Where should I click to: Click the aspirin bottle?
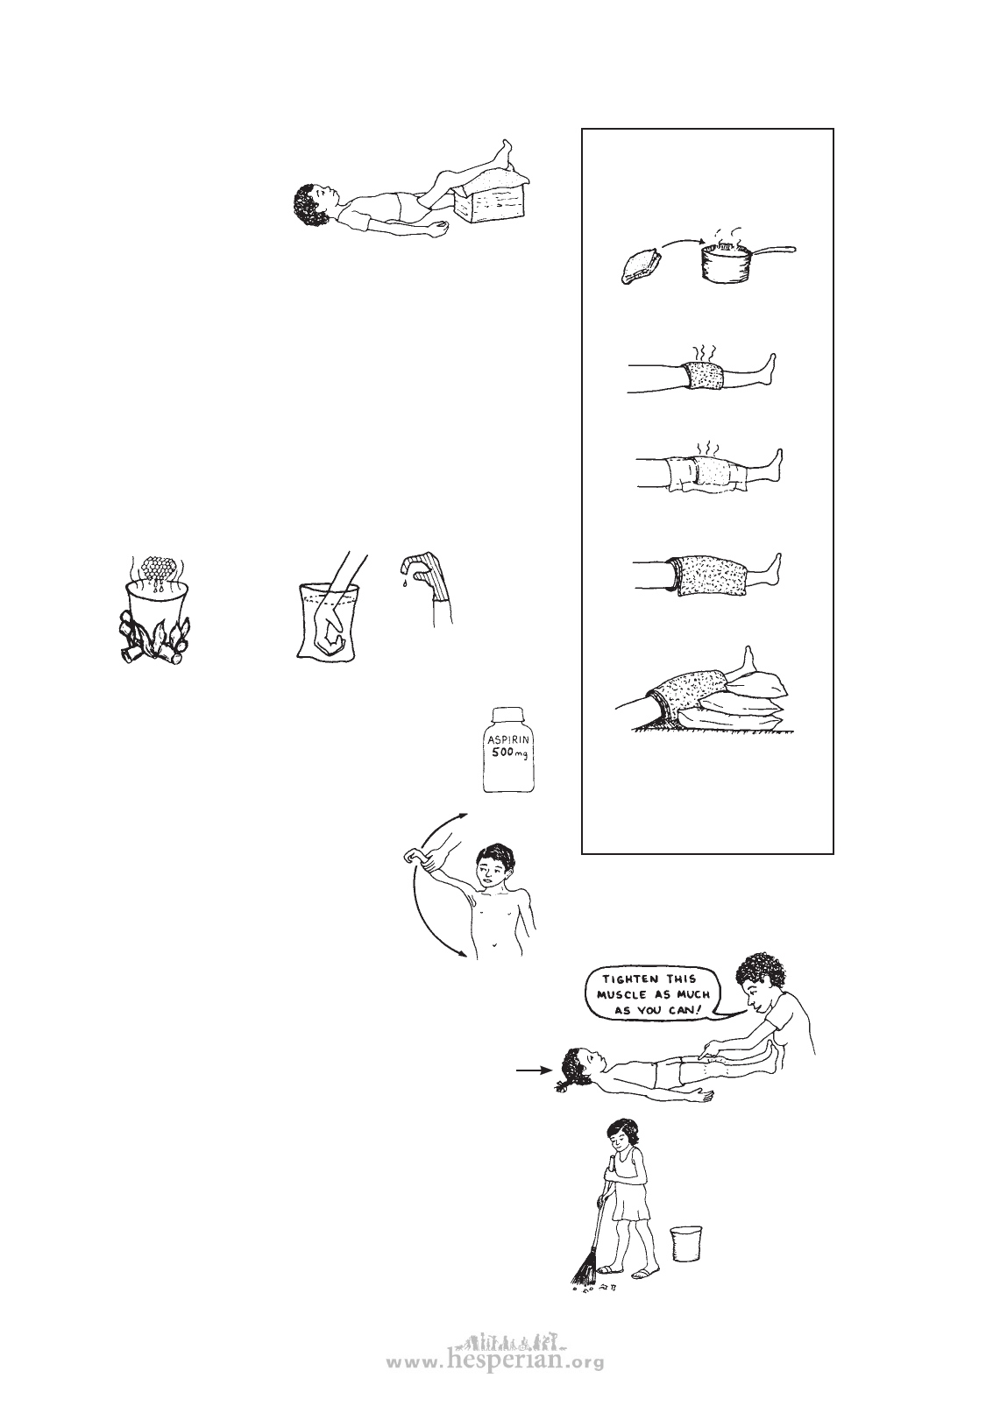508,749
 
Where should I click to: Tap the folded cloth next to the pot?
640,267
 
